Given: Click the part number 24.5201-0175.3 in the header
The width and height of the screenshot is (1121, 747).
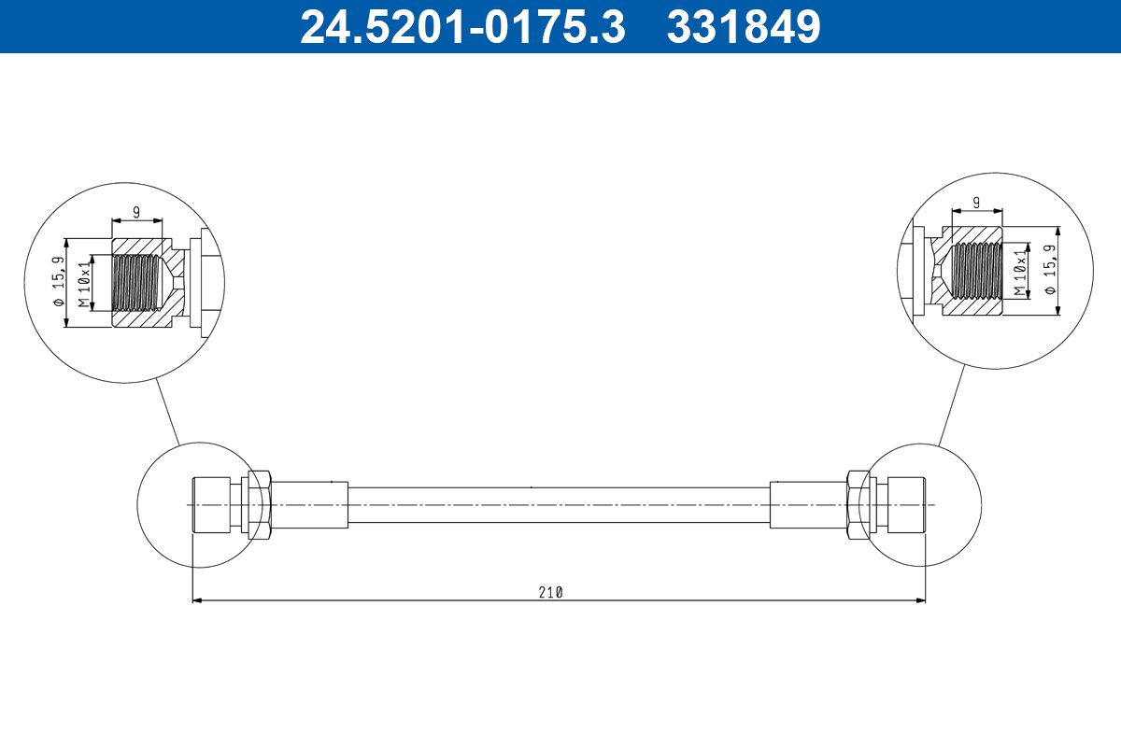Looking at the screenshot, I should point(461,26).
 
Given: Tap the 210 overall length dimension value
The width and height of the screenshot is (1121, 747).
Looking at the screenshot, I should point(550,592).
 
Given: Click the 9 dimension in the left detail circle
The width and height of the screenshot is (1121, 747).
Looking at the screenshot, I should point(136,212).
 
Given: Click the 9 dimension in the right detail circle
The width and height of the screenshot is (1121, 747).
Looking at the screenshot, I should point(975,202).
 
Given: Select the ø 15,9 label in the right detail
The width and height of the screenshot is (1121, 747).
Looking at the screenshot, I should point(1049,270).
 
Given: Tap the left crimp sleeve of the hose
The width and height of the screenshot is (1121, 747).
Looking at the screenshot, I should point(309,505).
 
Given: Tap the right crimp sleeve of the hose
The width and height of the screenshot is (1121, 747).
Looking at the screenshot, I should point(807,505).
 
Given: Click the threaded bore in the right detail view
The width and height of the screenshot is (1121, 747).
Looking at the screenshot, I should point(975,272).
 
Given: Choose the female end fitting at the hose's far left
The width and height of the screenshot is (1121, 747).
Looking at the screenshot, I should point(210,505).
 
